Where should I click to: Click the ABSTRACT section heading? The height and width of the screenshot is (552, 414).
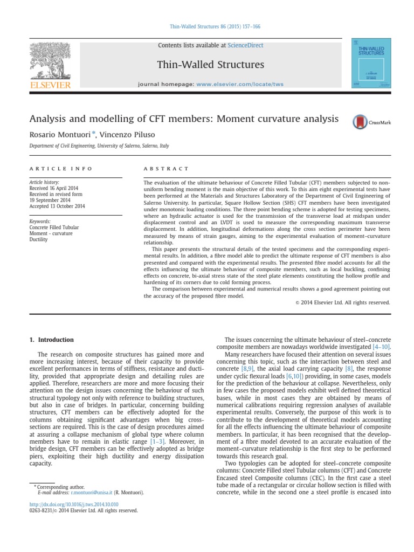[166, 169]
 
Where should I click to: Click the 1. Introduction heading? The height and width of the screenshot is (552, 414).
[51, 340]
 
